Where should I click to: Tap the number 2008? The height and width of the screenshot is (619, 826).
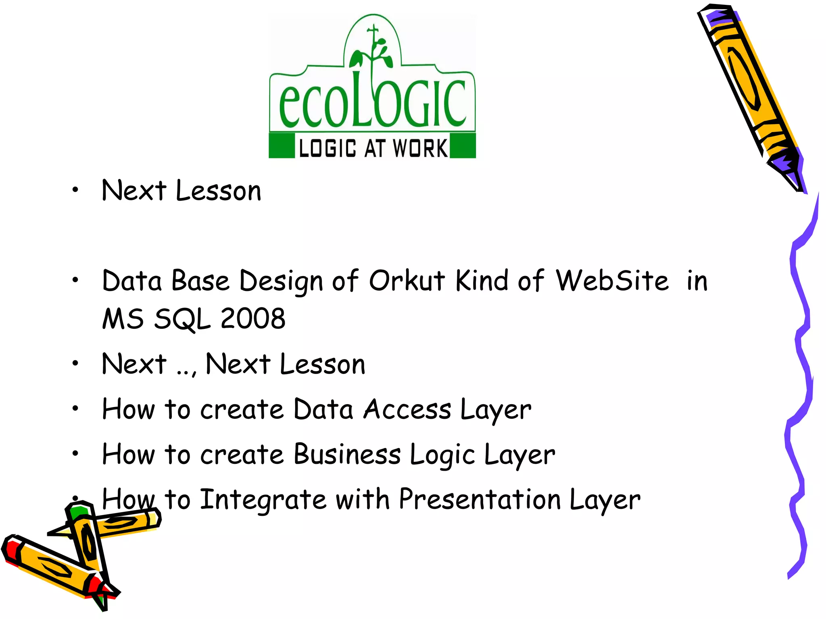point(253,318)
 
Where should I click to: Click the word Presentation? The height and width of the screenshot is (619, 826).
point(480,499)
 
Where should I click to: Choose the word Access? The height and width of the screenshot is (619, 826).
point(407,409)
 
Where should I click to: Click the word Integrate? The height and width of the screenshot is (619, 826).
point(263,499)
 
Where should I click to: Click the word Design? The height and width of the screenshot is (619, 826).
point(281,281)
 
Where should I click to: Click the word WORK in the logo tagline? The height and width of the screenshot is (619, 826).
point(420,148)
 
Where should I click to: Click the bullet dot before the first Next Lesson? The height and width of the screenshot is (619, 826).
point(75,190)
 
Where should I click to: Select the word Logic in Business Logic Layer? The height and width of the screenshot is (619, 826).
point(442,455)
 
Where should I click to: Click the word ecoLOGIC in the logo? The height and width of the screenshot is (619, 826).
point(372,103)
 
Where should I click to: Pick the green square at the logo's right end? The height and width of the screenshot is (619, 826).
point(463,146)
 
